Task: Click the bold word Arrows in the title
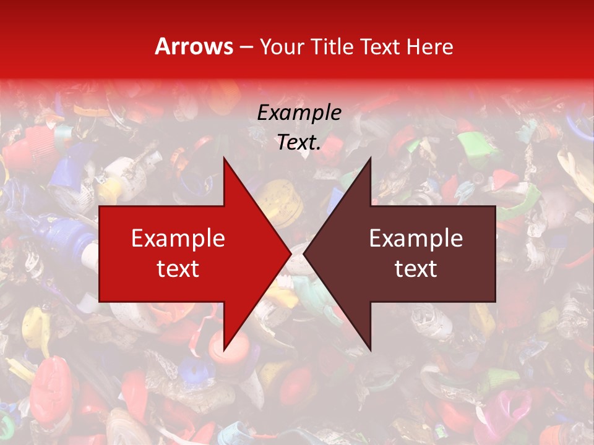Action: [x=194, y=46]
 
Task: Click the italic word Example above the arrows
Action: [x=299, y=112]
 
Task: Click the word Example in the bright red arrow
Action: [x=178, y=238]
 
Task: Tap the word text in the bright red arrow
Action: [x=178, y=268]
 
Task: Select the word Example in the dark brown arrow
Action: [x=416, y=238]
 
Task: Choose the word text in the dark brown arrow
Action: [x=416, y=268]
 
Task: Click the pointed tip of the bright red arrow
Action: [x=290, y=253]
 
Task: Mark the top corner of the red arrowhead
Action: [x=224, y=158]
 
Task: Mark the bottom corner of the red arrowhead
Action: [x=224, y=350]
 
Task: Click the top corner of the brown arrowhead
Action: [x=370, y=158]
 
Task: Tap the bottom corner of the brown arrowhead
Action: [x=370, y=350]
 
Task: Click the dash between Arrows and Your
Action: [x=246, y=47]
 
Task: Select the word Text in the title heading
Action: [x=381, y=46]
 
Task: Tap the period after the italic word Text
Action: [x=319, y=148]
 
